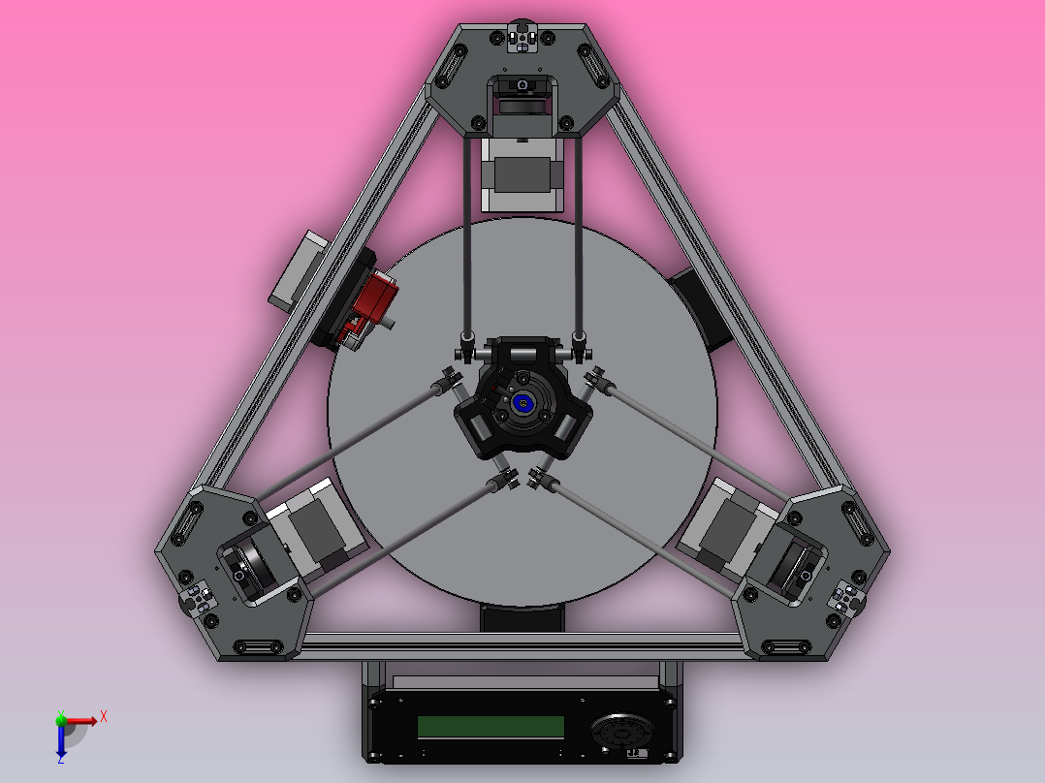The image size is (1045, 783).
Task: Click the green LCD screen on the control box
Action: pyautogui.click(x=491, y=727)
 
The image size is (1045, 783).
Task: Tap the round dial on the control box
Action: pyautogui.click(x=621, y=732)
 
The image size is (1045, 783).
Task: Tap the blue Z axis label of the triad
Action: pyautogui.click(x=60, y=760)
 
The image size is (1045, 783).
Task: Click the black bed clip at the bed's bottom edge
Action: pyautogui.click(x=522, y=618)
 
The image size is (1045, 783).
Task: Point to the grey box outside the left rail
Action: pyautogui.click(x=300, y=269)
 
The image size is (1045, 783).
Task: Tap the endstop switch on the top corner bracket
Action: pyautogui.click(x=523, y=37)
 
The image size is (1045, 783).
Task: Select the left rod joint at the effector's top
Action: pyautogui.click(x=468, y=343)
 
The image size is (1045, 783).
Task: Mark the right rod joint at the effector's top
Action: pyautogui.click(x=579, y=343)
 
